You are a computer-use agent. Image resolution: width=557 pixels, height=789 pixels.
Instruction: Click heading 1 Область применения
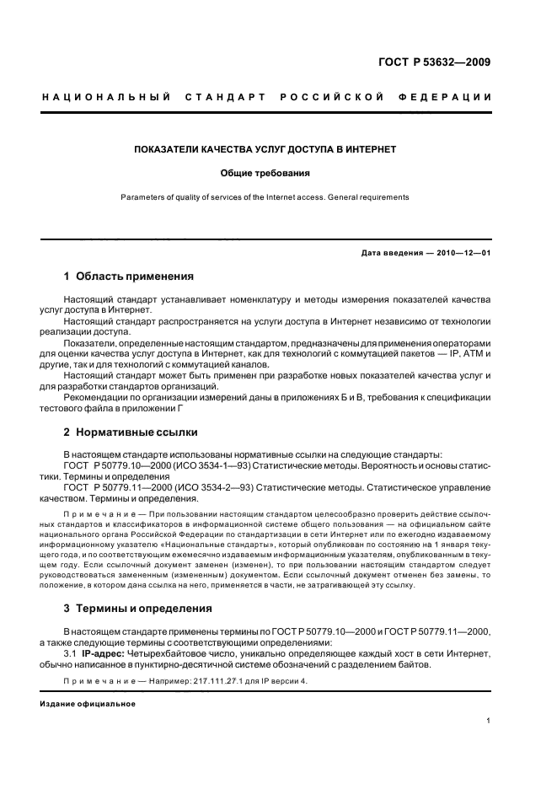pyautogui.click(x=128, y=276)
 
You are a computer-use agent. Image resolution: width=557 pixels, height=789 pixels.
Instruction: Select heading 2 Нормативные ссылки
pyautogui.click(x=131, y=432)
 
